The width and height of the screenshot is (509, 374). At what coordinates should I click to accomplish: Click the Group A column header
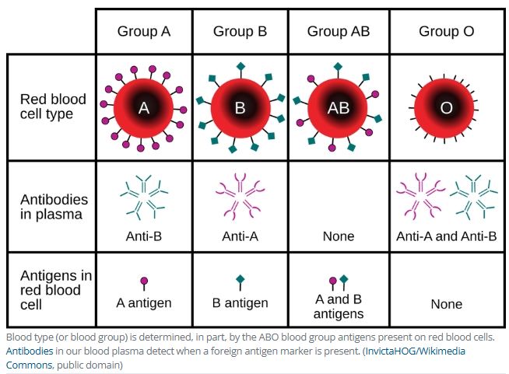(x=143, y=32)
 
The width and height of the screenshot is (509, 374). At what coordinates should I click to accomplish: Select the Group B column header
(x=240, y=32)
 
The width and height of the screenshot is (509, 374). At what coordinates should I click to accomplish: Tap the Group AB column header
(x=338, y=32)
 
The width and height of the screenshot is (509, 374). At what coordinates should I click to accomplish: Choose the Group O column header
(x=446, y=32)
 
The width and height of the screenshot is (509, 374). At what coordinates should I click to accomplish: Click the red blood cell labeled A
(x=143, y=108)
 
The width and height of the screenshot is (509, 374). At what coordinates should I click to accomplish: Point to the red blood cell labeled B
(x=240, y=108)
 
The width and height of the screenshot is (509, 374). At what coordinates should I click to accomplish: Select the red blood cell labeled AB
(x=338, y=108)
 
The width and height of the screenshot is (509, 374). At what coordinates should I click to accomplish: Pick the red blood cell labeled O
(x=446, y=108)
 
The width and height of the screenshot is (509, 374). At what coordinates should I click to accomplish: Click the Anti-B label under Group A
(x=143, y=236)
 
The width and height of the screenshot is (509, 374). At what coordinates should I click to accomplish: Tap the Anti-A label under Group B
(x=240, y=236)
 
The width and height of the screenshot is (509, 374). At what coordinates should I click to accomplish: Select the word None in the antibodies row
(x=338, y=236)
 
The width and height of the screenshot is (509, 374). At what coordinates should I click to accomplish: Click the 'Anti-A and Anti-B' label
(x=446, y=236)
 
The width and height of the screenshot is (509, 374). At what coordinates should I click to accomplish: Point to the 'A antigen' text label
(x=143, y=302)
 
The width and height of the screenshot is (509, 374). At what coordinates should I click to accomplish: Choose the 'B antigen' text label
(x=240, y=302)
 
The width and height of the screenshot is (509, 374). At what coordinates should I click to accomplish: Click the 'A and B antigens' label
(x=338, y=306)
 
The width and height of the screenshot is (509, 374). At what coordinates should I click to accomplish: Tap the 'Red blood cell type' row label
(x=52, y=107)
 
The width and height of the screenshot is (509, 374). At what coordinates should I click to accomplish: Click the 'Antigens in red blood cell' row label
(x=55, y=289)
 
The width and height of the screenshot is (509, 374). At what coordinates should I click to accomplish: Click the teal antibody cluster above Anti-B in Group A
(x=144, y=195)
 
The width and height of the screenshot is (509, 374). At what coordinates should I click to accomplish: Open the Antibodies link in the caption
(x=29, y=351)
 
